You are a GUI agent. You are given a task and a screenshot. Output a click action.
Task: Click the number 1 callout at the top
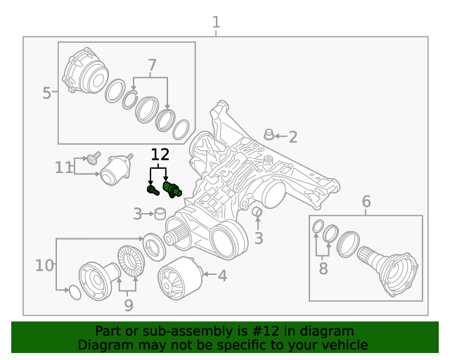pos(217,22)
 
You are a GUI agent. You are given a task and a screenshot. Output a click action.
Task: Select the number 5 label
pos(46,93)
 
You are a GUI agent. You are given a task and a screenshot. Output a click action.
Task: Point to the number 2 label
pos(292,137)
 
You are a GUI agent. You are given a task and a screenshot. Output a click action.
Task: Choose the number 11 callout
pos(64,167)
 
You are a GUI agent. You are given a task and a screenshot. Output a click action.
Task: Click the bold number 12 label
pos(160,155)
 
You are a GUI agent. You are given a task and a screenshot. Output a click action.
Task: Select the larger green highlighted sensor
pos(172,188)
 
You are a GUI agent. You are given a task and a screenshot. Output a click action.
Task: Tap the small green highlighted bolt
pos(151,188)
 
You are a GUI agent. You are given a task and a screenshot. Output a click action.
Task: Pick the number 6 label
pos(366,202)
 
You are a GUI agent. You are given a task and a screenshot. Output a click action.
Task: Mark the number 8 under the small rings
pos(323,268)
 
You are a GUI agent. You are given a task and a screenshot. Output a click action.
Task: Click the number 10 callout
pos(44,265)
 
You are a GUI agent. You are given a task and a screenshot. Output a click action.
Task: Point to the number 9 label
pos(128,305)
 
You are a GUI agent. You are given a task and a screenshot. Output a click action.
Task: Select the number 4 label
pos(222,276)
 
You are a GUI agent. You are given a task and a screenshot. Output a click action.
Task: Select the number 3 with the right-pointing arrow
pos(138,212)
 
